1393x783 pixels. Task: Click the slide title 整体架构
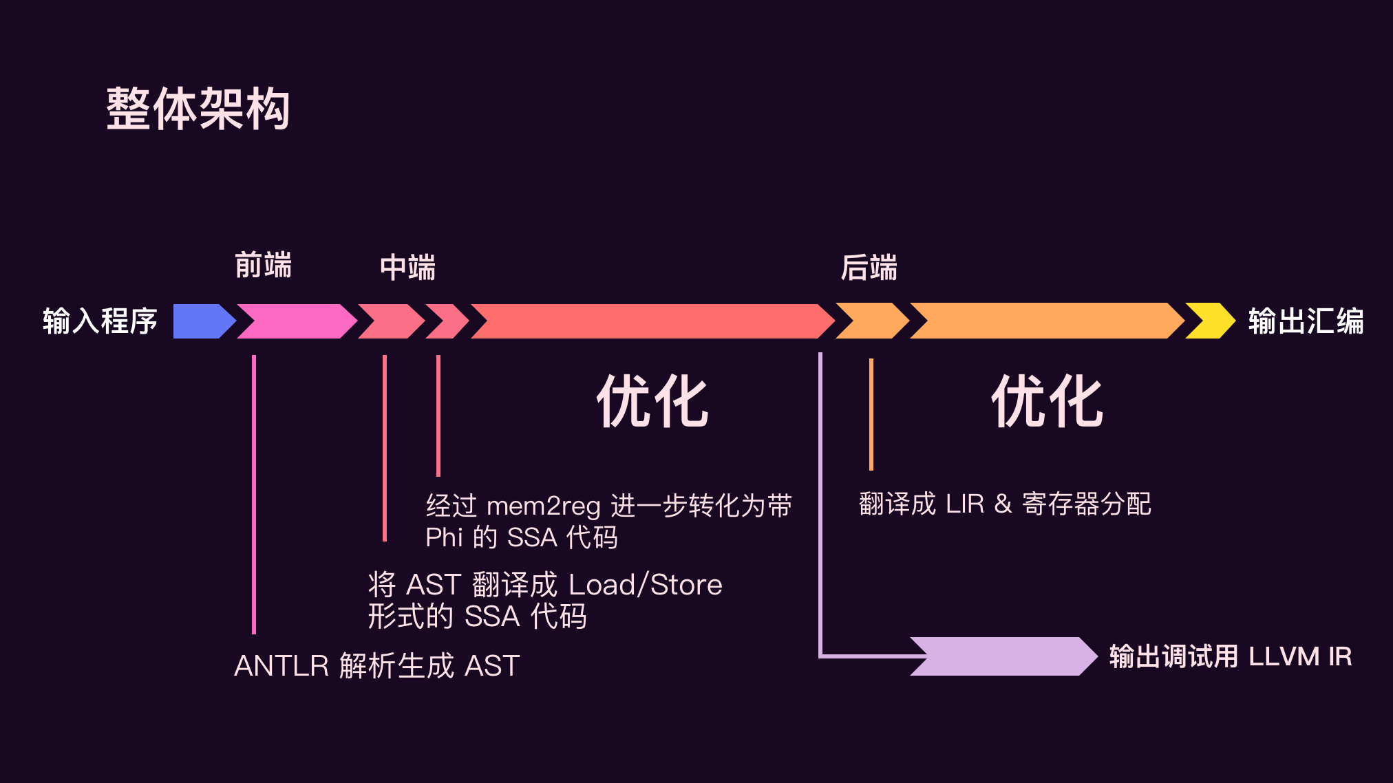click(198, 109)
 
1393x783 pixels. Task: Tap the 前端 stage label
click(263, 266)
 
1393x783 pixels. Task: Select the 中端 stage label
click(407, 268)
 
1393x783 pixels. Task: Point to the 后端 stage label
click(869, 268)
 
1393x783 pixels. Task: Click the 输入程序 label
click(100, 321)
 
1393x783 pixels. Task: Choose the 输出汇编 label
click(1306, 321)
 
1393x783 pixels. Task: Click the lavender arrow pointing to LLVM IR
click(1005, 656)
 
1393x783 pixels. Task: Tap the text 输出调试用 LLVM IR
click(1231, 656)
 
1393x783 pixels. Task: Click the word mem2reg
click(543, 506)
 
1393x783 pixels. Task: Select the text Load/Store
click(645, 585)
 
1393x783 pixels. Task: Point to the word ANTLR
click(281, 666)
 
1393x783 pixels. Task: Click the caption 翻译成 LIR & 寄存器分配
click(1005, 504)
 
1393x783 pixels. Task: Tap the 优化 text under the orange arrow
click(1048, 402)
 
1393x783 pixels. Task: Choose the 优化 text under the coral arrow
click(652, 402)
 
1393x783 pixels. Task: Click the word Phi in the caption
click(444, 537)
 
